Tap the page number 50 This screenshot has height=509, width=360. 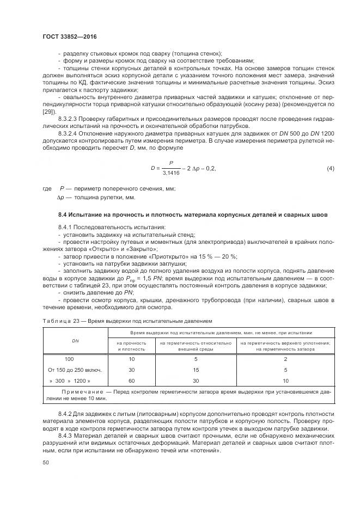pos(46,462)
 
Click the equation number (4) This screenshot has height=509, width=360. pos(330,169)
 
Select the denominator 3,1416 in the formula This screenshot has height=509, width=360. pos(172,174)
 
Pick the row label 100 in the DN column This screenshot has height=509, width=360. pos(69,359)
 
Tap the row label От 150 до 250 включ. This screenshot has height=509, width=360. pos(76,370)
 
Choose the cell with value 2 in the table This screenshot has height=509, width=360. pos(285,359)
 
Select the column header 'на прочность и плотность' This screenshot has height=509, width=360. pos(131,346)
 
